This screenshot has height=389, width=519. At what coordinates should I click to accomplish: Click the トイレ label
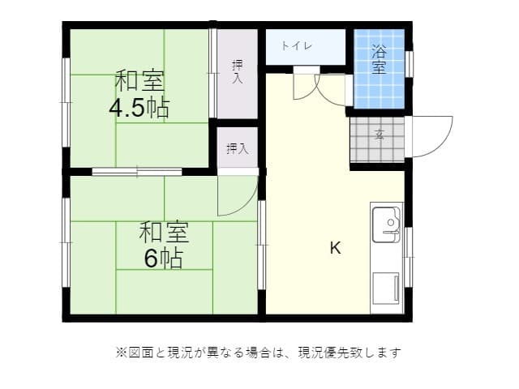pyautogui.click(x=298, y=46)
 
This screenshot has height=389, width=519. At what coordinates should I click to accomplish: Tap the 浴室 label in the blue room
pyautogui.click(x=379, y=61)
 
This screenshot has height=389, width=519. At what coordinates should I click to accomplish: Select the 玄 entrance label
pyautogui.click(x=379, y=135)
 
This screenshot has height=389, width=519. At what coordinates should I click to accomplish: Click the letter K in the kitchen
pyautogui.click(x=335, y=249)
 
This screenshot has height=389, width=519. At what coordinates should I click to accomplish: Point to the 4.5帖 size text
pyautogui.click(x=139, y=108)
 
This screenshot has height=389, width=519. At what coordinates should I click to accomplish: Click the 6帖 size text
pyautogui.click(x=163, y=259)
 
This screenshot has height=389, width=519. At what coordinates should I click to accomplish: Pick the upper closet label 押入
pyautogui.click(x=237, y=71)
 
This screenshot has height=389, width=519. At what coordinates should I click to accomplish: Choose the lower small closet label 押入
pyautogui.click(x=237, y=148)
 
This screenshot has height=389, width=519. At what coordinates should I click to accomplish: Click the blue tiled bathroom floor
pyautogui.click(x=380, y=89)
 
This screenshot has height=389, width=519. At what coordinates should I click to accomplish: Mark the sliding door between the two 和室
pyautogui.click(x=136, y=171)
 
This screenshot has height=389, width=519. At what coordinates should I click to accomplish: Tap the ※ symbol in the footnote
pyautogui.click(x=121, y=353)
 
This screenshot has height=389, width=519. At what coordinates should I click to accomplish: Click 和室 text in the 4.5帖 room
pyautogui.click(x=139, y=82)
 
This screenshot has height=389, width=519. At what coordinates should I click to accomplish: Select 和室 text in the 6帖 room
pyautogui.click(x=163, y=233)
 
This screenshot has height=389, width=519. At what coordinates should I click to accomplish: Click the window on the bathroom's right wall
pyautogui.click(x=410, y=62)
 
